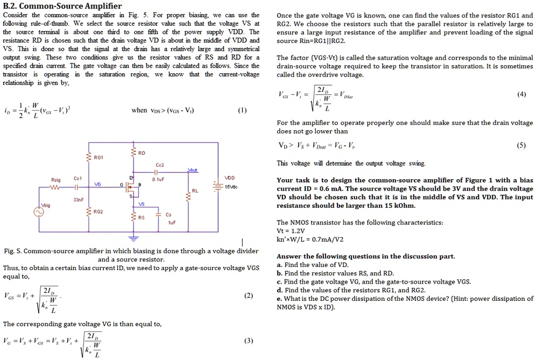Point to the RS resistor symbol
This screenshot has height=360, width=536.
click(132, 217)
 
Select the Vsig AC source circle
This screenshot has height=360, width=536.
click(39, 213)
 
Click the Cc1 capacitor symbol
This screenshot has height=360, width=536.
click(77, 188)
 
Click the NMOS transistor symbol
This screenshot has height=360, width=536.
click(129, 188)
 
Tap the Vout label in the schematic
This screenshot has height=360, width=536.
click(193, 169)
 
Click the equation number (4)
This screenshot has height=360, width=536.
click(521, 94)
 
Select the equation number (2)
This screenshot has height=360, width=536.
click(248, 295)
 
